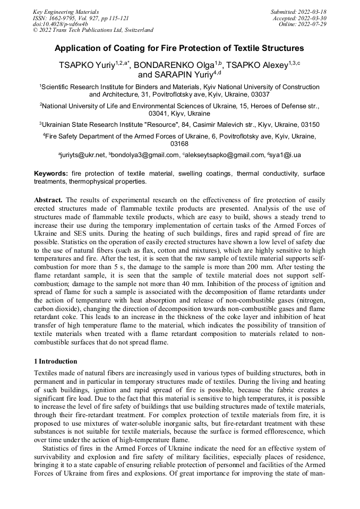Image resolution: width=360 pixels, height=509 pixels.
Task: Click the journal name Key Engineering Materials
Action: coord(66,11)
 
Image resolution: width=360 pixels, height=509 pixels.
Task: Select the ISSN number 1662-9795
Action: coord(63,18)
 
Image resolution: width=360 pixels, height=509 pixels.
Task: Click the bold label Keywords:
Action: coord(51,174)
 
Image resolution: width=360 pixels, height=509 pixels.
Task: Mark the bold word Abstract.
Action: coord(49,200)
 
